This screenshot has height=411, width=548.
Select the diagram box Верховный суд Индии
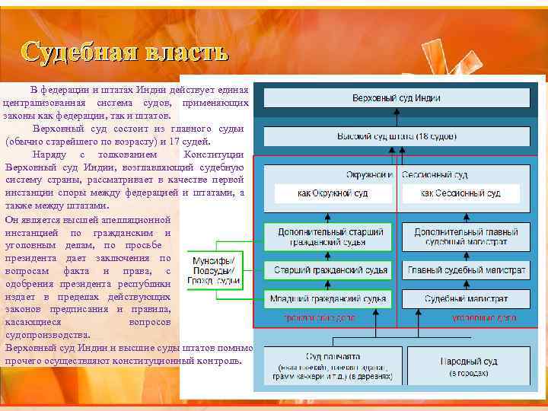396,98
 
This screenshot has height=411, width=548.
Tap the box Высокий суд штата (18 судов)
396,136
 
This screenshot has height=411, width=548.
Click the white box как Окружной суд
332,193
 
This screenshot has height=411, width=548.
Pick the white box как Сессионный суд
460,193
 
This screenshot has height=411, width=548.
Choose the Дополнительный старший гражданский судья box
328,237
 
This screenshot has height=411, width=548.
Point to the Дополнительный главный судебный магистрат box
466,237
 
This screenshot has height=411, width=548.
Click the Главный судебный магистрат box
466,270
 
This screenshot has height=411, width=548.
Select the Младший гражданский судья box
328,299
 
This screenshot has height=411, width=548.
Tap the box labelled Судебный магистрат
466,299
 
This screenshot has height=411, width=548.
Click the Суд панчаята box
333,365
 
